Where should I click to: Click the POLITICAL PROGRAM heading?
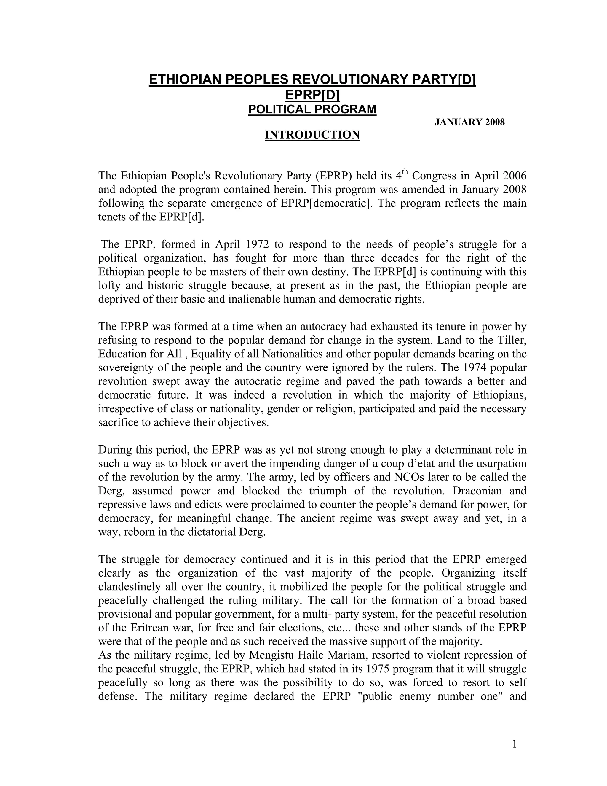pos(312,109)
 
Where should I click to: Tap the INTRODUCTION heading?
pos(312,135)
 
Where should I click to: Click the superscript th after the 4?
pos(405,172)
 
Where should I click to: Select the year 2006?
pos(514,176)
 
